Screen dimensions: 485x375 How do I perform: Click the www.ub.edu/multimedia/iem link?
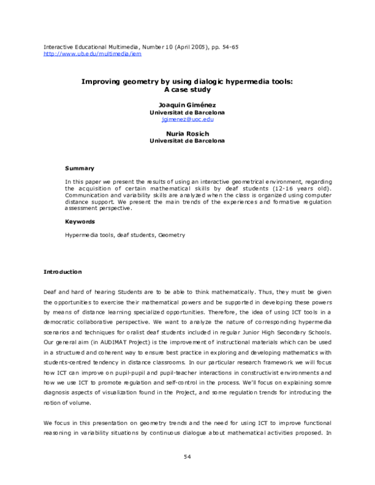(92, 54)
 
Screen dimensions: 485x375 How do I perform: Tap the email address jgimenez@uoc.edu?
(187, 118)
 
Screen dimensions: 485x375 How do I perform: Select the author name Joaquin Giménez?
(187, 105)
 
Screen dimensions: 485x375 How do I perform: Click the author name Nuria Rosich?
(187, 134)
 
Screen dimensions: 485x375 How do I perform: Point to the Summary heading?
(80, 168)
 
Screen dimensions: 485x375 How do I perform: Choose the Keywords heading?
(80, 221)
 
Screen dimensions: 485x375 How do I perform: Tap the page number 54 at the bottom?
(187, 456)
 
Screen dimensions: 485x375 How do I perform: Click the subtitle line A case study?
(187, 89)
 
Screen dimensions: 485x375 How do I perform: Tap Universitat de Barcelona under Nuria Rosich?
(187, 141)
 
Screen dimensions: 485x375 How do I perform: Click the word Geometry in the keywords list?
(171, 235)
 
